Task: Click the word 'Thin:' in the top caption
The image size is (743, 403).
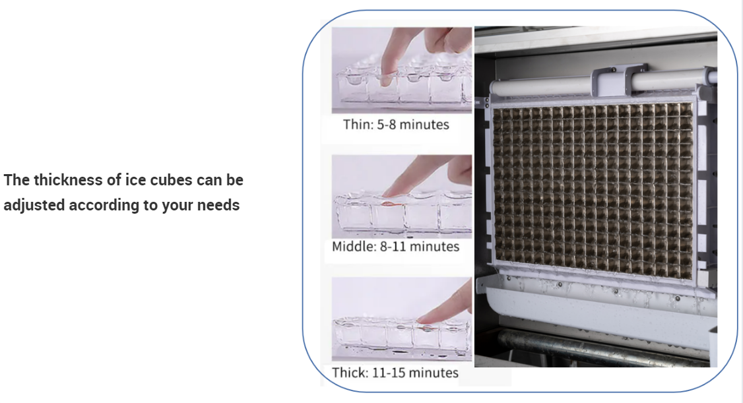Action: coord(358,125)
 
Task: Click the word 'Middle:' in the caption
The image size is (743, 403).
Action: coord(354,246)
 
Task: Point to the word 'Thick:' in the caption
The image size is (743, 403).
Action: coord(350,373)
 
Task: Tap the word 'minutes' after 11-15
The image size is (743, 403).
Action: coord(434,373)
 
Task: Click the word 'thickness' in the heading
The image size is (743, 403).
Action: coord(77,180)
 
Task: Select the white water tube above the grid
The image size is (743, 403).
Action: coord(602,84)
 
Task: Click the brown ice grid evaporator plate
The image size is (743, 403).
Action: coord(593,191)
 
